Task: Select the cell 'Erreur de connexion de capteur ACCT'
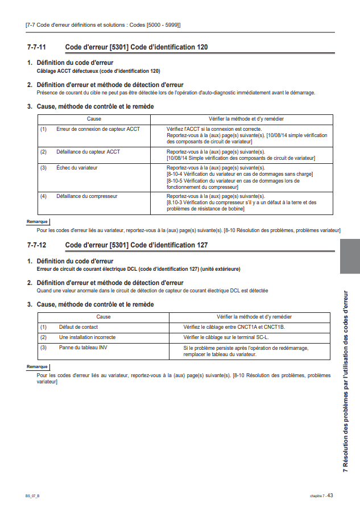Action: coord(98,129)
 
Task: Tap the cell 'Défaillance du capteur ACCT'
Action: coord(88,152)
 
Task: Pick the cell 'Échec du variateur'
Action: coord(77,168)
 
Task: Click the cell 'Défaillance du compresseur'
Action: coord(87,196)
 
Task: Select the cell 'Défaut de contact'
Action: coord(78,327)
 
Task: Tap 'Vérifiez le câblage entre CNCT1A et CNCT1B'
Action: coord(234,327)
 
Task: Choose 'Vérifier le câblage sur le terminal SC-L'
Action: coord(226,337)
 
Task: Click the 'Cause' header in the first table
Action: coord(94,119)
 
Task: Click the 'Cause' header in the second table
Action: coord(104,316)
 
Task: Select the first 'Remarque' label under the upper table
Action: coord(38,222)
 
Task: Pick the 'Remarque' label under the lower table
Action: coord(38,367)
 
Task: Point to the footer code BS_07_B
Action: coord(32,496)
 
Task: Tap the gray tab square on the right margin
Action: coord(349,257)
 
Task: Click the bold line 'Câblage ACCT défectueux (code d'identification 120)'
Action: coord(98,71)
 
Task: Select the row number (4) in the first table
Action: coord(43,196)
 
